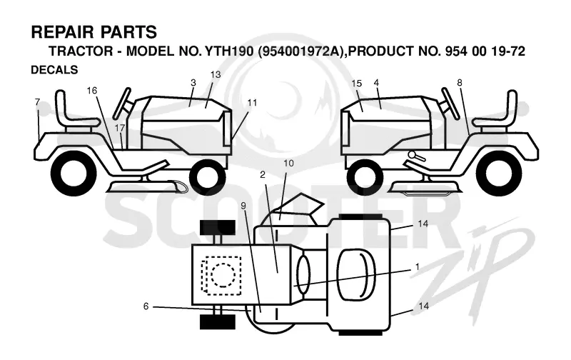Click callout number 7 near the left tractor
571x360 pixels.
tap(37, 102)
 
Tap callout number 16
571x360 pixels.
tap(92, 91)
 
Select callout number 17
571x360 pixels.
tap(120, 128)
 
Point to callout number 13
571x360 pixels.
tap(216, 74)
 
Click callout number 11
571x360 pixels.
tap(252, 103)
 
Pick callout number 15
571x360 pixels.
tap(357, 84)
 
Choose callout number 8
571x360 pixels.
tap(460, 83)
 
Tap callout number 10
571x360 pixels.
tap(288, 163)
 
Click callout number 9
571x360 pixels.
tap(243, 206)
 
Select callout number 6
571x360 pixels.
tap(146, 306)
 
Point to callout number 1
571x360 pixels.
tap(418, 266)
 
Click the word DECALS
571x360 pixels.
tap(54, 69)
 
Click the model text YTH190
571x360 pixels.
tap(228, 51)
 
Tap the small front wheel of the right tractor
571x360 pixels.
tap(365, 178)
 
